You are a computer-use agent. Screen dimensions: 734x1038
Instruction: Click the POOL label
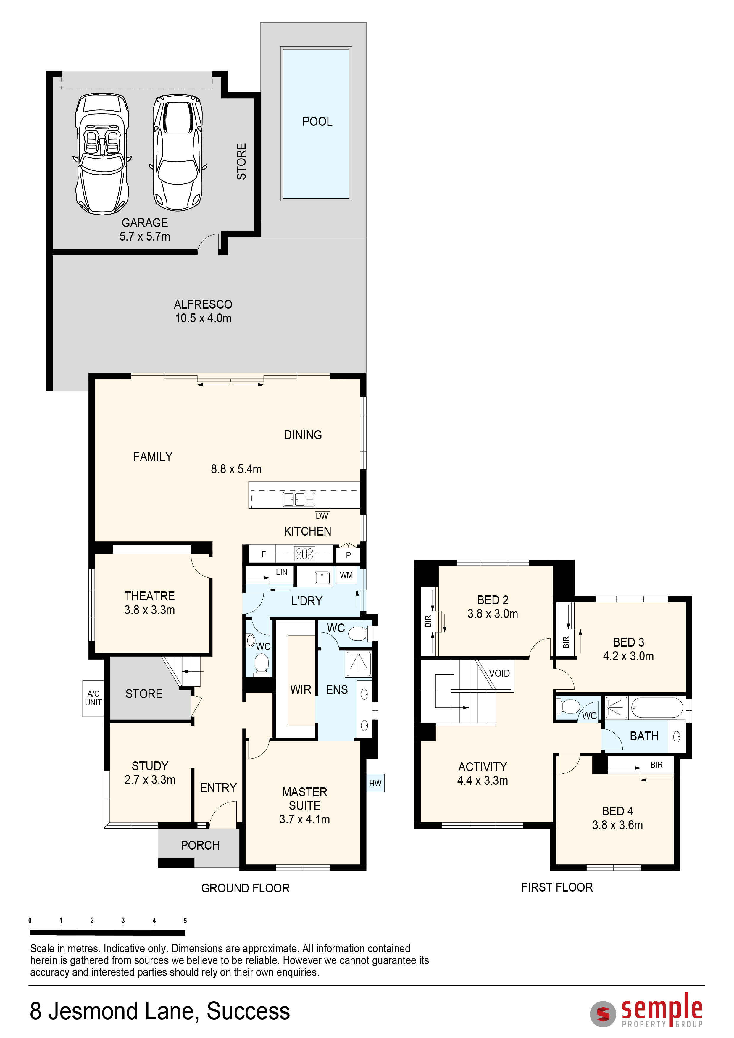[317, 122]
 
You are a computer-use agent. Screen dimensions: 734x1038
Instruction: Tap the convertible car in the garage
[102, 154]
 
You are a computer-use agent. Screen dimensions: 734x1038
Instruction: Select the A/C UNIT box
[93, 699]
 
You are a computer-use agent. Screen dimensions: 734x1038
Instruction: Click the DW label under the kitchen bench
[322, 516]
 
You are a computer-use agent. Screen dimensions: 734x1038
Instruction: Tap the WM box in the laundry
[346, 575]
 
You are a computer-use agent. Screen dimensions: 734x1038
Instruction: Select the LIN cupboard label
[282, 572]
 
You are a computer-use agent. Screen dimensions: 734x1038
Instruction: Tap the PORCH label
[200, 845]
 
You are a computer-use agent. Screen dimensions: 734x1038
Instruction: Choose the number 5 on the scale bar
[185, 921]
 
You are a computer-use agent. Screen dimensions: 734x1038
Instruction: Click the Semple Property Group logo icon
[603, 1014]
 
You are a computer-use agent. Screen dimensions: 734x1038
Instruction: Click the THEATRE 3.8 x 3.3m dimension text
[150, 610]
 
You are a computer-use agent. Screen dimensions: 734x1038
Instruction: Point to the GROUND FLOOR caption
[246, 888]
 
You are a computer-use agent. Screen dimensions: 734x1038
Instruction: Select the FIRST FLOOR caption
[557, 887]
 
